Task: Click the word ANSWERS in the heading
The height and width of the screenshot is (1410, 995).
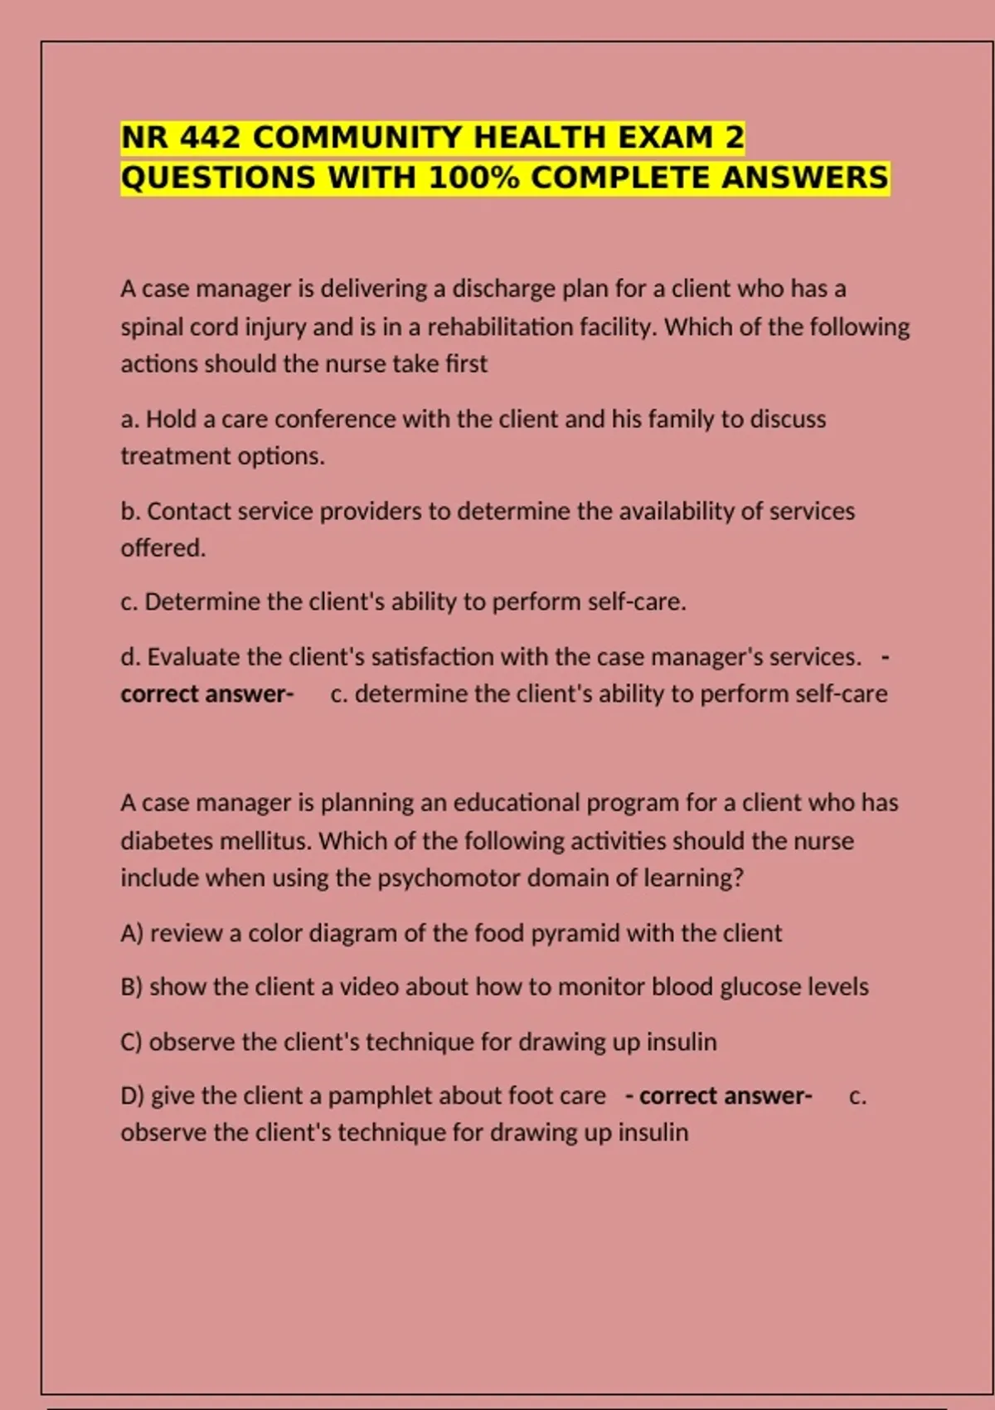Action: (804, 177)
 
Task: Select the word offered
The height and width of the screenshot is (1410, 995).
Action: (163, 548)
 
